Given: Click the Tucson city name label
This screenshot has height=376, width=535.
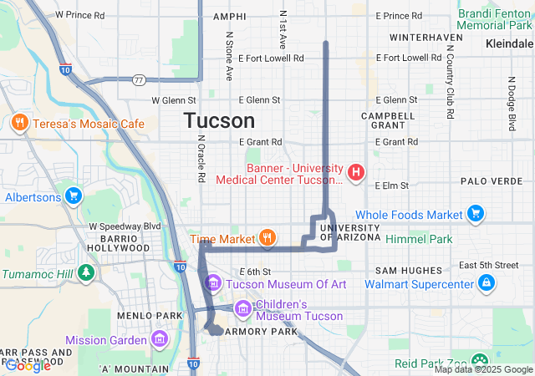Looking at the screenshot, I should (x=219, y=121).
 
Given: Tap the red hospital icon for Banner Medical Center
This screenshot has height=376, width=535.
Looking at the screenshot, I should (x=356, y=172).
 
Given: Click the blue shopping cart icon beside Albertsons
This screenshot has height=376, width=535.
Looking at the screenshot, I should (x=74, y=197).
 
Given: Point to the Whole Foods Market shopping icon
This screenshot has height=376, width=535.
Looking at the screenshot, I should (x=476, y=215).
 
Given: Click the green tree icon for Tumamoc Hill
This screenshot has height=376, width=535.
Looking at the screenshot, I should (x=85, y=273).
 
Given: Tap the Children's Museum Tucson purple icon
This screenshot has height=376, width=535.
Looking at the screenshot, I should (x=242, y=310).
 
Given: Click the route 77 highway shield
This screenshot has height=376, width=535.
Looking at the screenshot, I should (x=139, y=80).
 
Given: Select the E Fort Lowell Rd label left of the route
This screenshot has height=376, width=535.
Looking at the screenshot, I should (x=271, y=58).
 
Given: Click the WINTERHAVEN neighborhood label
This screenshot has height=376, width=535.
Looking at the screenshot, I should (x=420, y=38).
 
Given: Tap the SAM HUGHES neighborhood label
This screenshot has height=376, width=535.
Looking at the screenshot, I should (x=408, y=270).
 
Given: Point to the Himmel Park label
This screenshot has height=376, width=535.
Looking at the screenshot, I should (x=419, y=239).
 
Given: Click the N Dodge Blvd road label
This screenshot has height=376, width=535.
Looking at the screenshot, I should (x=511, y=104).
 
